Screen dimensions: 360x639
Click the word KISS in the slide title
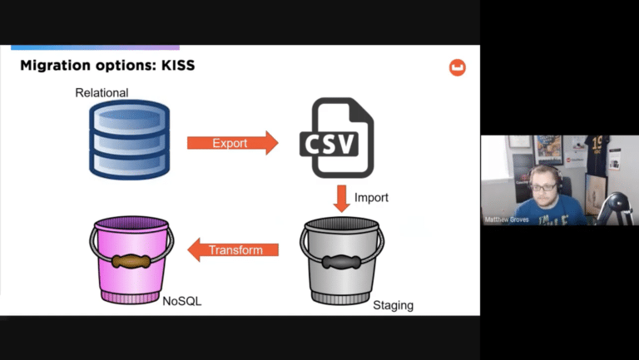coord(176,66)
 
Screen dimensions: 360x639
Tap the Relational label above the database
coord(102,92)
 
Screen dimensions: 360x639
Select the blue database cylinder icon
coord(128,139)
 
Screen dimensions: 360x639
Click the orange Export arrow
coord(230,143)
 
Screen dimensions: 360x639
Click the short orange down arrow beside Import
coord(341,199)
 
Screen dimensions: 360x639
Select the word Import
coord(371,198)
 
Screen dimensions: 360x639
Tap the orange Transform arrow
coord(232,249)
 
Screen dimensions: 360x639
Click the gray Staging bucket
coord(342,259)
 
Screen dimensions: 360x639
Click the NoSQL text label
coord(182,300)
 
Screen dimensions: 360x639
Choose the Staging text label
coord(393,305)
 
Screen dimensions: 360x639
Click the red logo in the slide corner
coord(457,68)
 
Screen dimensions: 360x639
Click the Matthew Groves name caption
coord(506,219)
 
